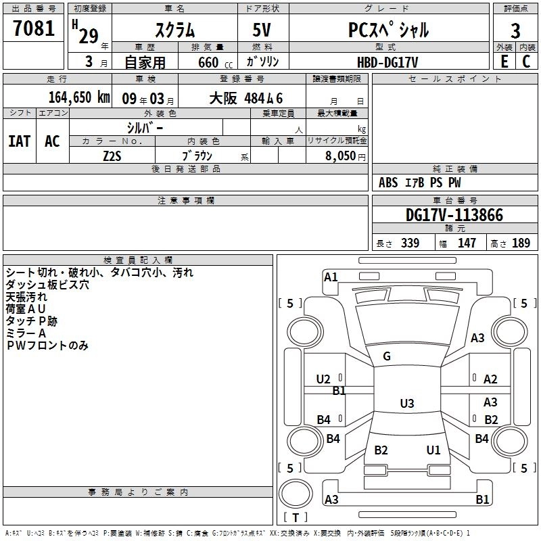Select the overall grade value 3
[x=515, y=30]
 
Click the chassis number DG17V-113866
[x=454, y=216]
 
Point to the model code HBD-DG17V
[x=387, y=62]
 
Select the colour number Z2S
[x=112, y=155]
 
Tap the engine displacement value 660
[x=208, y=63]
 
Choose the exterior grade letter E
[x=504, y=62]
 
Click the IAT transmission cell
[x=20, y=141]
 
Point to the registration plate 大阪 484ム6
[x=245, y=97]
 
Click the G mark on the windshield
[x=387, y=356]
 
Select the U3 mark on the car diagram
[x=406, y=404]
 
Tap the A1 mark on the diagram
[x=331, y=277]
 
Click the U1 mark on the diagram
[x=433, y=450]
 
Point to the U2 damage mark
[x=323, y=379]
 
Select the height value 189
[x=521, y=243]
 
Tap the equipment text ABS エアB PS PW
[x=420, y=183]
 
